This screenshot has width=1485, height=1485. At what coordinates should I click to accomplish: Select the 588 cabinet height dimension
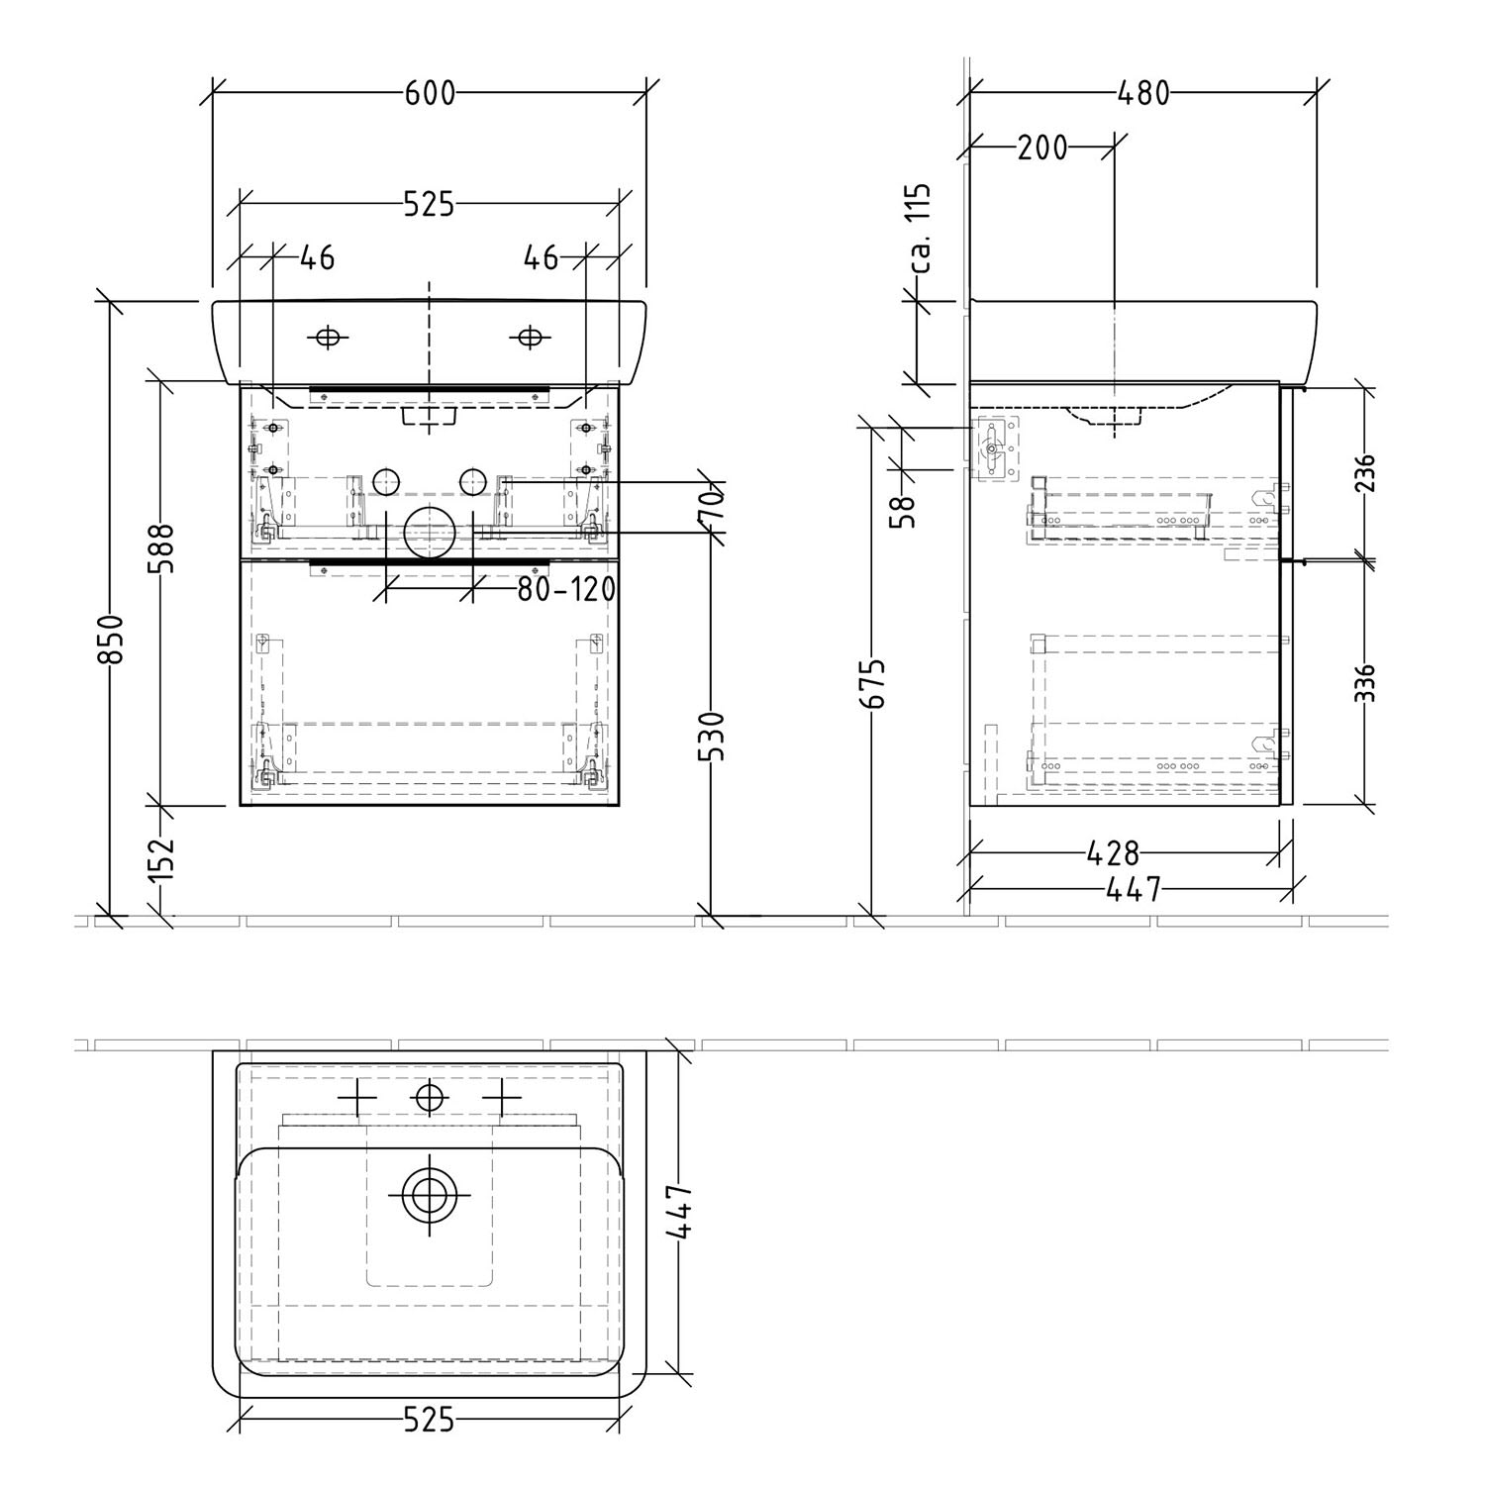pos(160,548)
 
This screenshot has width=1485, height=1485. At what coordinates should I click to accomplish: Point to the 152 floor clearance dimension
pos(160,858)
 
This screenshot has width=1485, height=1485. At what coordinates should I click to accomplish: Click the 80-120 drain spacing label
pos(566,590)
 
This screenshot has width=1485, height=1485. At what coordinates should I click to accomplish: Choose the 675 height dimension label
pos(872,683)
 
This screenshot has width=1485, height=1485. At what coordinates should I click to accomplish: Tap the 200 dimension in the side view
pos(1042,148)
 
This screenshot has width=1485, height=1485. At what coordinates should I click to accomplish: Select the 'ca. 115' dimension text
pos(921,228)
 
